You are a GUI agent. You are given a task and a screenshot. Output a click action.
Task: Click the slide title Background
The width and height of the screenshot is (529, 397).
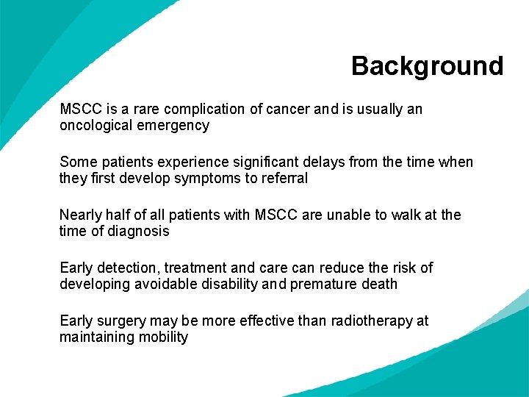click(x=427, y=66)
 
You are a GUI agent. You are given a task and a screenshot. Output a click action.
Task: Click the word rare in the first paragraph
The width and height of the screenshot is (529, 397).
click(x=147, y=110)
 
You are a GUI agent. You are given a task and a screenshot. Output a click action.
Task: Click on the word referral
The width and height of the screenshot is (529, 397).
click(x=282, y=178)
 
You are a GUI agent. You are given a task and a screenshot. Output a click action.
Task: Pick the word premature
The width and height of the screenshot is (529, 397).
click(x=324, y=284)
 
